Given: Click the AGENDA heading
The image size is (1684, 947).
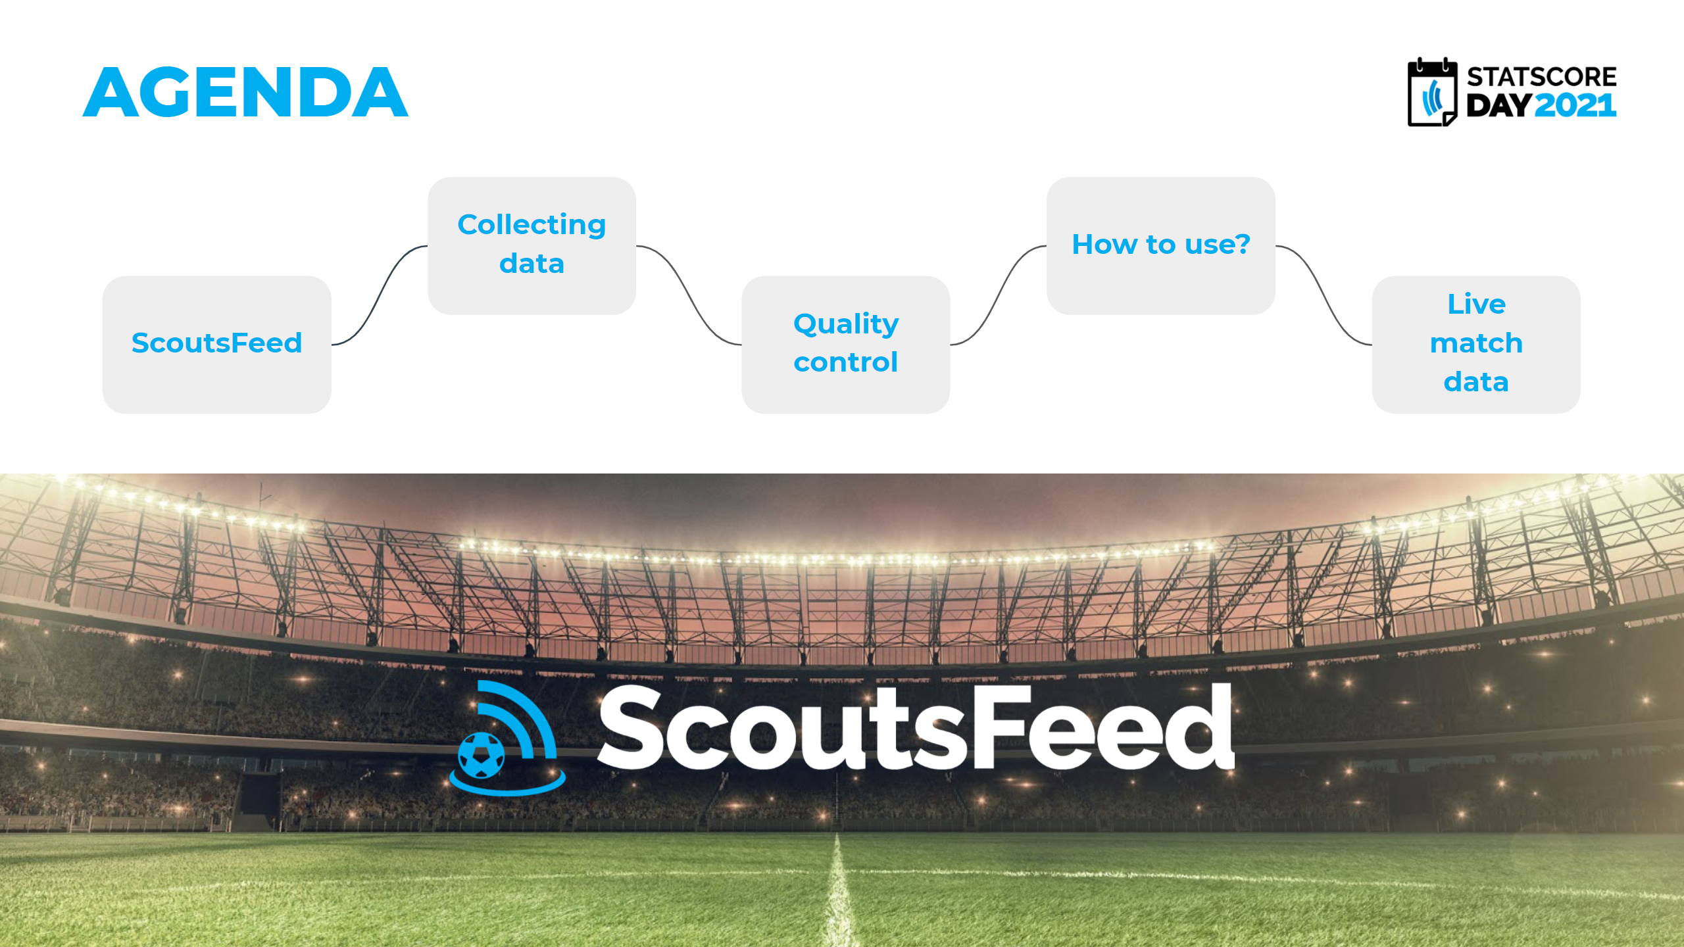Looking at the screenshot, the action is pos(245,92).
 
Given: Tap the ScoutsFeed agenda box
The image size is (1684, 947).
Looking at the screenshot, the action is pos(217,345).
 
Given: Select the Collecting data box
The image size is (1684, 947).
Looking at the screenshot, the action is pos(532,245).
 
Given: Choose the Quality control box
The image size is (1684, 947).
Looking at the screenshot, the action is pos(845,345).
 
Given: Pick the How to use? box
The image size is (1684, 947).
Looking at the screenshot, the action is pos(1161,245).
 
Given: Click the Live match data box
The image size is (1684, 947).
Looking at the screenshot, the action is pos(1476,345).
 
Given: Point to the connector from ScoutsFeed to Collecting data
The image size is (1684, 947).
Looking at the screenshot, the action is pos(380,295).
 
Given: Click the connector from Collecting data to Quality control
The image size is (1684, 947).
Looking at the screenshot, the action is pos(689,295).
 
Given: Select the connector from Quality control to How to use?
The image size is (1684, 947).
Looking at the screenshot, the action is pos(999,295).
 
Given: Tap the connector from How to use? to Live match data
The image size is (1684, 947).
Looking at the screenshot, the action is pos(1324,295).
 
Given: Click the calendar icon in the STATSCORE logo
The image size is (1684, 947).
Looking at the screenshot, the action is pos(1432,92).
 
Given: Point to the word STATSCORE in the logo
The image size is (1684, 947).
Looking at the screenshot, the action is pos(1541,77).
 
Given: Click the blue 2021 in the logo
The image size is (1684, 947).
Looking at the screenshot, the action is pos(1575,106).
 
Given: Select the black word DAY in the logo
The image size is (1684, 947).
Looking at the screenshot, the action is pos(1499,106).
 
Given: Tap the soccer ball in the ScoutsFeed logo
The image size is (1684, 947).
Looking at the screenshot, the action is pos(481,756).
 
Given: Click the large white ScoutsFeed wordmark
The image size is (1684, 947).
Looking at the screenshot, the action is pos(916,727).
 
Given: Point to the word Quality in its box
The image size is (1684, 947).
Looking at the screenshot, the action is pos(846,324).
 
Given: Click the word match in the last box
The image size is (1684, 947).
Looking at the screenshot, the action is pos(1476,343).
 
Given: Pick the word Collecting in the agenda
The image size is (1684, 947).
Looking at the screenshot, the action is pos(532,226).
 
